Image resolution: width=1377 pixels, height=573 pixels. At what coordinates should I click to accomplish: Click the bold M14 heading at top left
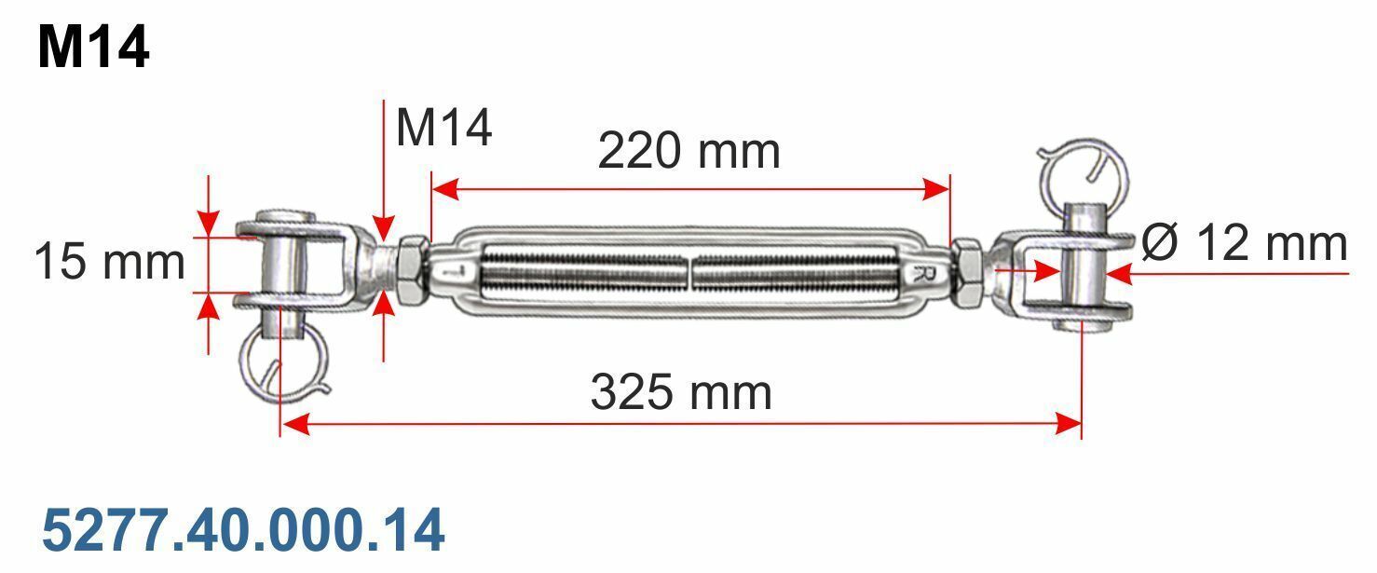coord(93,48)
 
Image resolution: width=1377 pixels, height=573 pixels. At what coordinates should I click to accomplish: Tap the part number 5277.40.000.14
coord(243,530)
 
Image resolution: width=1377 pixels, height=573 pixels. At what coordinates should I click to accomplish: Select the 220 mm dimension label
coord(688,150)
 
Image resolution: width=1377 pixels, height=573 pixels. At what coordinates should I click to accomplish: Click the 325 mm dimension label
coord(680,391)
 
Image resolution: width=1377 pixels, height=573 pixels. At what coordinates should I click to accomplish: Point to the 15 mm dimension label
coord(109,261)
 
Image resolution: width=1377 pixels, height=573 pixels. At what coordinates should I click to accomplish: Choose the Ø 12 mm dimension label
coord(1244,243)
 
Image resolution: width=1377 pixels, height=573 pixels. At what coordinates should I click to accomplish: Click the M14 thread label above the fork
coord(443,128)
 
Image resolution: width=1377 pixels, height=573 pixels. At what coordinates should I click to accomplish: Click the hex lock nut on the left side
coord(413,269)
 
